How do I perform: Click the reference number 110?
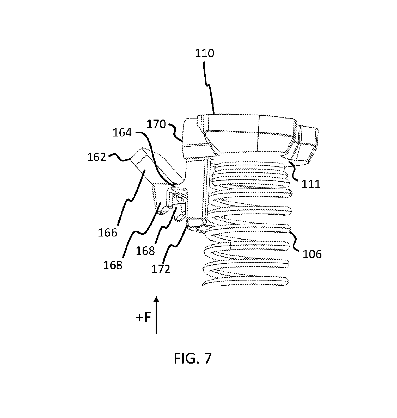click(205, 53)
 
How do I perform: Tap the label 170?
click(156, 124)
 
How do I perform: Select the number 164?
click(122, 133)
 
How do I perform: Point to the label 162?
click(97, 157)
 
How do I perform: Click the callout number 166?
click(107, 233)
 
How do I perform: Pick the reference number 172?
click(161, 269)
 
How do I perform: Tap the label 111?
click(311, 184)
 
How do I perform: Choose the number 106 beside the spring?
click(312, 254)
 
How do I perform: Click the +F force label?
click(143, 317)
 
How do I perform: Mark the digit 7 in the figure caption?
click(207, 358)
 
